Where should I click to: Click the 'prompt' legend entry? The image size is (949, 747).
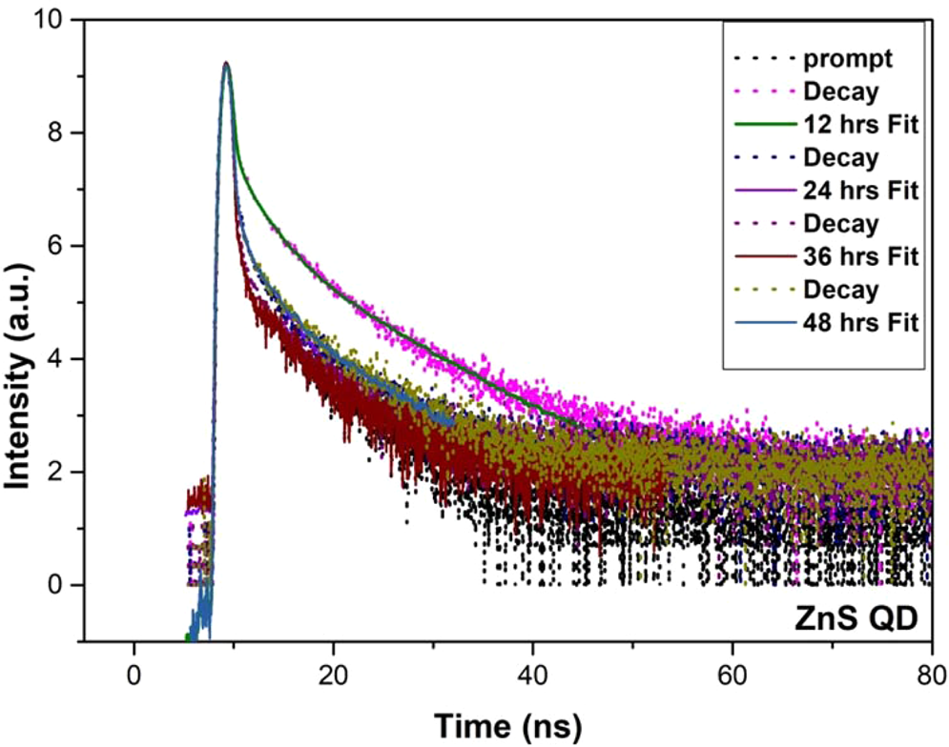pyautogui.click(x=848, y=59)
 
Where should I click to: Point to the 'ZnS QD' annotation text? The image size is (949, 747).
pyautogui.click(x=856, y=620)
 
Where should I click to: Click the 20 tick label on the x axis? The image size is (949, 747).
pyautogui.click(x=333, y=672)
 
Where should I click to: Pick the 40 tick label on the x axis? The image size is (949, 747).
pyautogui.click(x=532, y=672)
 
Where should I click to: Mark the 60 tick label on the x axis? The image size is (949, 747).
pyautogui.click(x=732, y=672)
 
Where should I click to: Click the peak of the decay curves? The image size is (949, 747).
pyautogui.click(x=226, y=64)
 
